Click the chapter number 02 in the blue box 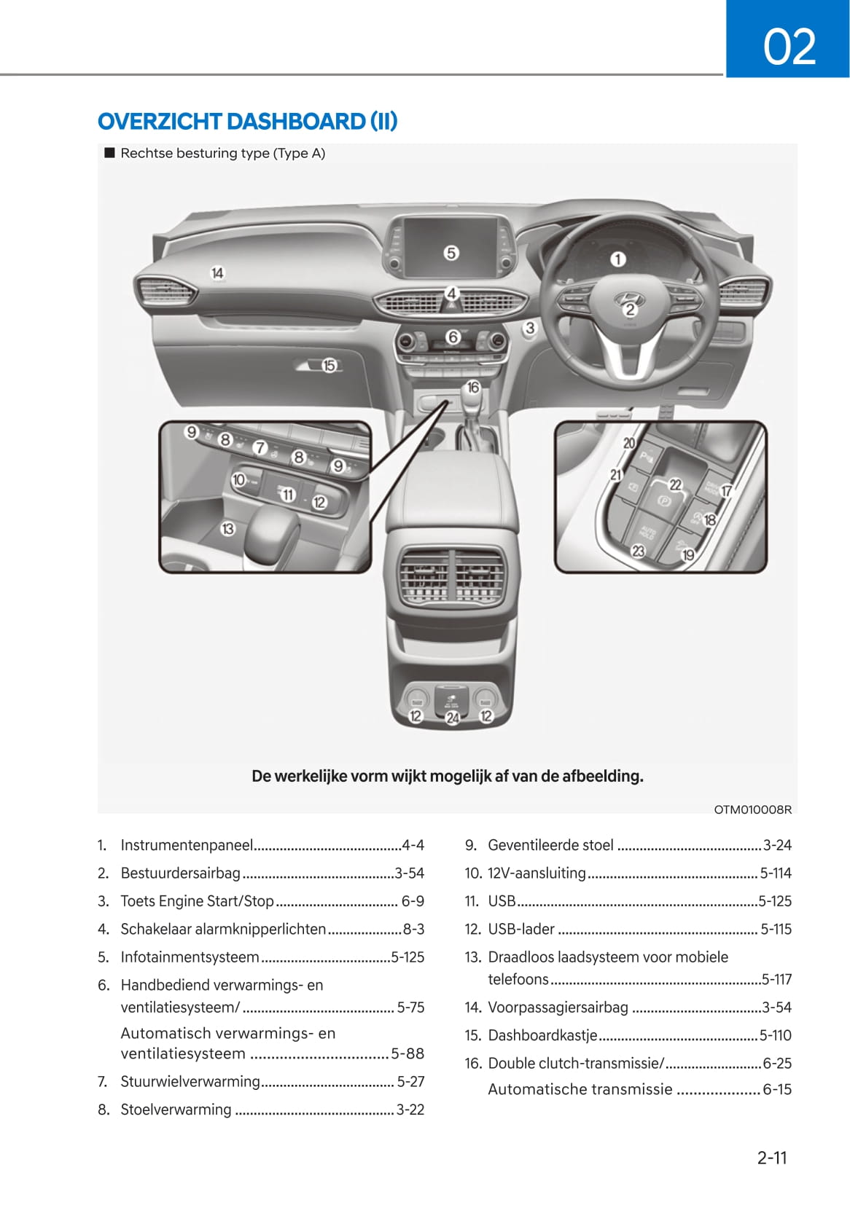tap(789, 47)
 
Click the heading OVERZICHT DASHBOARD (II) tap(248, 121)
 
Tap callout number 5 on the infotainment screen tap(451, 253)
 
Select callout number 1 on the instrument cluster tap(617, 259)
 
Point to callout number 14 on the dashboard tap(217, 273)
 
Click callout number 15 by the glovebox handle tap(329, 366)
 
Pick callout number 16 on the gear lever tap(472, 388)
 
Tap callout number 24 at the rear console tap(453, 718)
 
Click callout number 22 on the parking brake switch tap(675, 484)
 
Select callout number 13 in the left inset tap(227, 529)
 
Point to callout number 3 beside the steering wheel tap(530, 328)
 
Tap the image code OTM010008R tap(752, 809)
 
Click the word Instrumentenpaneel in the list tap(187, 845)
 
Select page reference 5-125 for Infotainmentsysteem tap(408, 957)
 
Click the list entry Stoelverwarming tap(176, 1110)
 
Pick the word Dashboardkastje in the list tap(542, 1035)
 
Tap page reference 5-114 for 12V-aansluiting tap(776, 873)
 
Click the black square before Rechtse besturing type tap(110, 153)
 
